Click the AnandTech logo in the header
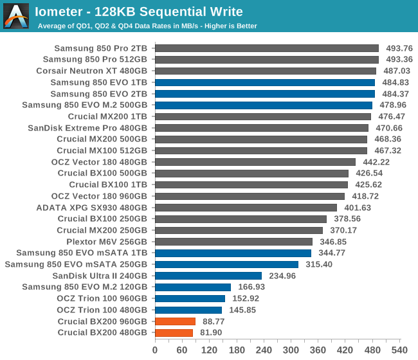point(16,16)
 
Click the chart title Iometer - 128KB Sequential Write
point(139,12)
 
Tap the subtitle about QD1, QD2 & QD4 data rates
point(147,26)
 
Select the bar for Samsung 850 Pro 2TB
point(267,48)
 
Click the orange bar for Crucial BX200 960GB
point(175,321)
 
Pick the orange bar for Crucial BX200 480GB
point(174,333)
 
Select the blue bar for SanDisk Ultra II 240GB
point(208,276)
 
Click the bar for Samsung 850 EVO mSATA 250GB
point(226,264)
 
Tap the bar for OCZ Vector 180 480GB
point(255,162)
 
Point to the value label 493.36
point(399,59)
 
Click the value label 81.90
point(211,332)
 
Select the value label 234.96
point(282,276)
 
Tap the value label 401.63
point(358,208)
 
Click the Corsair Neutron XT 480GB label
point(92,71)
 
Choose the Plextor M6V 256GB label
point(107,242)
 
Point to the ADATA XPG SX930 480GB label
point(92,208)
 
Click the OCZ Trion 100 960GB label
point(102,298)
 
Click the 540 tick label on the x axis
point(399,350)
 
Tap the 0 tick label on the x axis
point(155,350)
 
